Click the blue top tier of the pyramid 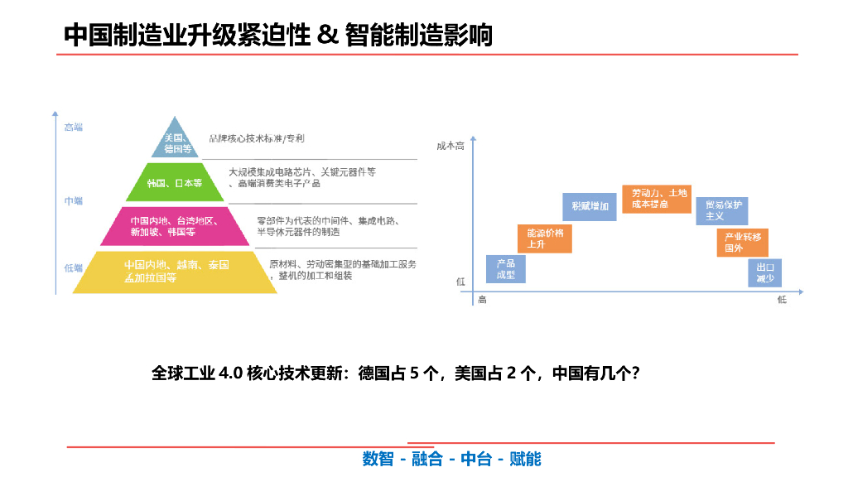(177, 142)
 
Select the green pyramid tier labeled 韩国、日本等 (176, 182)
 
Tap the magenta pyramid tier (174, 226)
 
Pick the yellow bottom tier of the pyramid (175, 272)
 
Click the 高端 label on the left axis (74, 128)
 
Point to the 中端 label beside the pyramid (74, 201)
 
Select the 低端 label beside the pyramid (74, 267)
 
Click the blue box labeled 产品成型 (505, 269)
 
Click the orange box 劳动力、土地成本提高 (656, 199)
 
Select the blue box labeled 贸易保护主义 (721, 210)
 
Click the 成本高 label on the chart (450, 147)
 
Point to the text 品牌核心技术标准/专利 (257, 138)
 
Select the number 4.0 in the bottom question (230, 373)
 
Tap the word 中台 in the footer (476, 459)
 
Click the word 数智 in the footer (378, 459)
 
